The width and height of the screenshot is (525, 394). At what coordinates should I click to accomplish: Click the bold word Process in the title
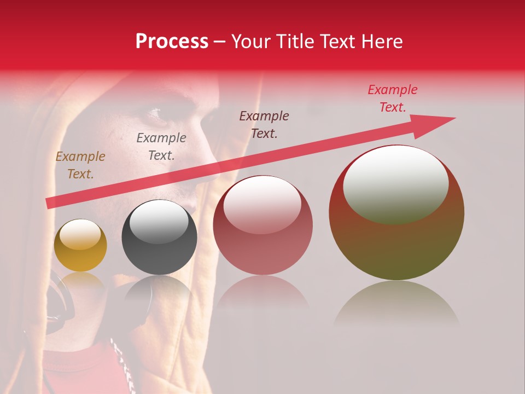(172, 42)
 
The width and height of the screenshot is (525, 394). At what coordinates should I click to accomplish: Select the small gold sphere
(80, 245)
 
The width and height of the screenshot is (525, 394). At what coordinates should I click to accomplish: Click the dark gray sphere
(159, 237)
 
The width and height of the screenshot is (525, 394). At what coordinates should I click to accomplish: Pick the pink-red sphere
(262, 225)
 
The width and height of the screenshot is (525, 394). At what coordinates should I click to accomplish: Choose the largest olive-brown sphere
(396, 213)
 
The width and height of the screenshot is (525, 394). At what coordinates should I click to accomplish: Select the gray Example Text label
(161, 147)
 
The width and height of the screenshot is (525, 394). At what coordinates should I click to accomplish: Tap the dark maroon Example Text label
(264, 125)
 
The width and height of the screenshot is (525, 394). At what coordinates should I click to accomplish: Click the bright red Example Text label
(393, 99)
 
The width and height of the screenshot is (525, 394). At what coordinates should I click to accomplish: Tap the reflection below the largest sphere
(396, 304)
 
